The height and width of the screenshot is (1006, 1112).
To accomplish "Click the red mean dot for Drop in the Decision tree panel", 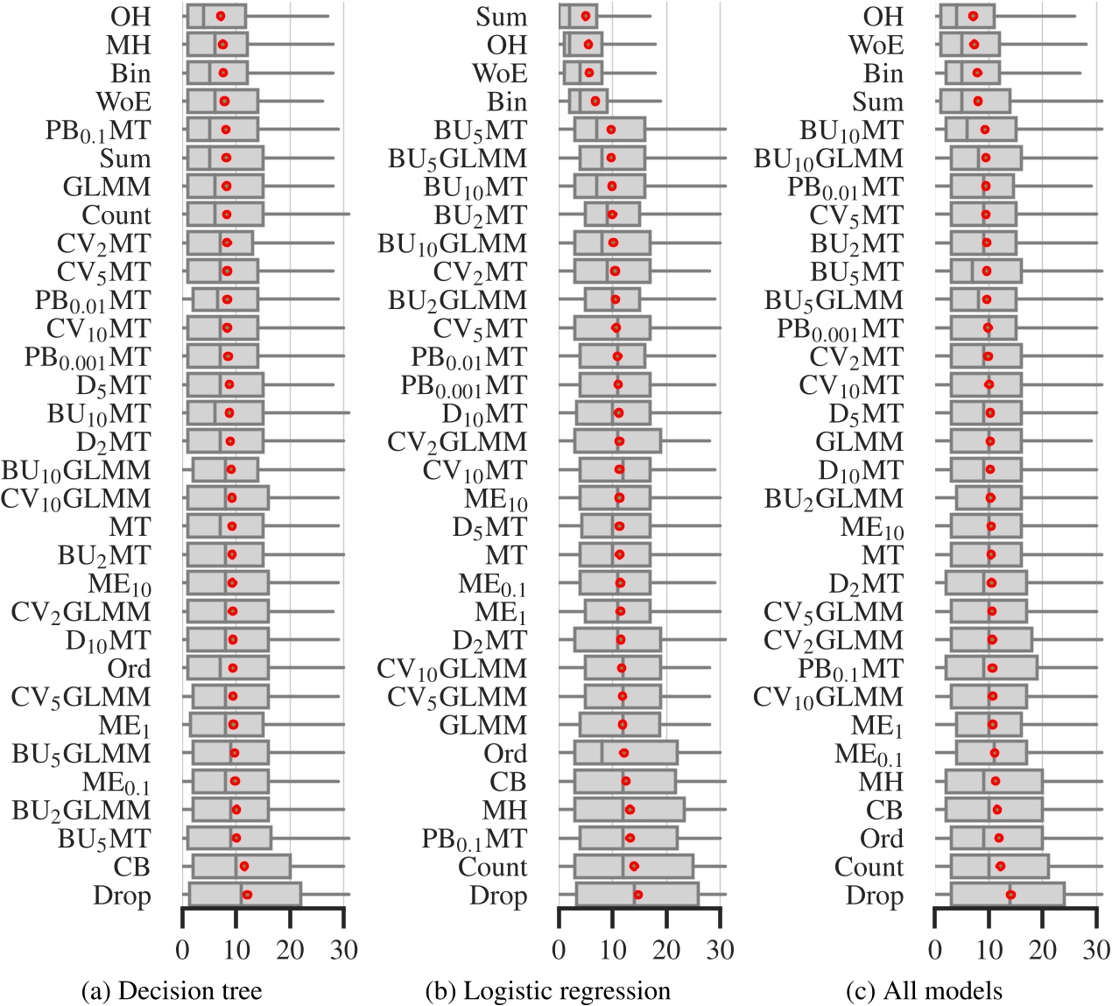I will click(x=247, y=895).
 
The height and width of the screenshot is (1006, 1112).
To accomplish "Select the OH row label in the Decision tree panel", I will click(x=130, y=17).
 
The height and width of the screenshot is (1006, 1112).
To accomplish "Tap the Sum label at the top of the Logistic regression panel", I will click(x=502, y=17).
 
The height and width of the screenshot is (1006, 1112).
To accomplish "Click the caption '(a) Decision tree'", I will click(x=171, y=990).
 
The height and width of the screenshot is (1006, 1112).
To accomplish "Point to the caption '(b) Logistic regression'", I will click(x=547, y=990).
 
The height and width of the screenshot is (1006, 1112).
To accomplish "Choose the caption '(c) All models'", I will click(x=924, y=990).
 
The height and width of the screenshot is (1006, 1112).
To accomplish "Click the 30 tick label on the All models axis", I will click(x=1096, y=949).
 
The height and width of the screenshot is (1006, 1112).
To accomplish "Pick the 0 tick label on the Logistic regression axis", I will click(x=559, y=949).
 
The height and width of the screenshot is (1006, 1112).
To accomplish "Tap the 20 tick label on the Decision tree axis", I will click(x=290, y=949).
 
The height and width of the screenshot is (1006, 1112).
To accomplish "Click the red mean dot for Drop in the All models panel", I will click(x=1010, y=895).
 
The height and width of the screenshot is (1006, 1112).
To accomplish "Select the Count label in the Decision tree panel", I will click(x=116, y=215).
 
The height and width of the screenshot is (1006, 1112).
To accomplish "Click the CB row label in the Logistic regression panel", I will click(x=508, y=782).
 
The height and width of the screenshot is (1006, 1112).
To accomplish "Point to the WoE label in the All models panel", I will click(x=876, y=45).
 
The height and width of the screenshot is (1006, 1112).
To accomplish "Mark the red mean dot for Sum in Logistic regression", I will click(x=586, y=16).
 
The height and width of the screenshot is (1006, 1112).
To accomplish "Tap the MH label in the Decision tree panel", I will click(x=129, y=45).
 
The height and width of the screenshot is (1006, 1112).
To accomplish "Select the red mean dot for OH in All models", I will click(x=973, y=16).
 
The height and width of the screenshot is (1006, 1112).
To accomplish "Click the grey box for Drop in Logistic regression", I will click(x=637, y=895).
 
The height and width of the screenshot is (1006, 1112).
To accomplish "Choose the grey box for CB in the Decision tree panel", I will click(x=242, y=867).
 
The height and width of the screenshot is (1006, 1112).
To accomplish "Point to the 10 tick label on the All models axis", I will click(x=989, y=949).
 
